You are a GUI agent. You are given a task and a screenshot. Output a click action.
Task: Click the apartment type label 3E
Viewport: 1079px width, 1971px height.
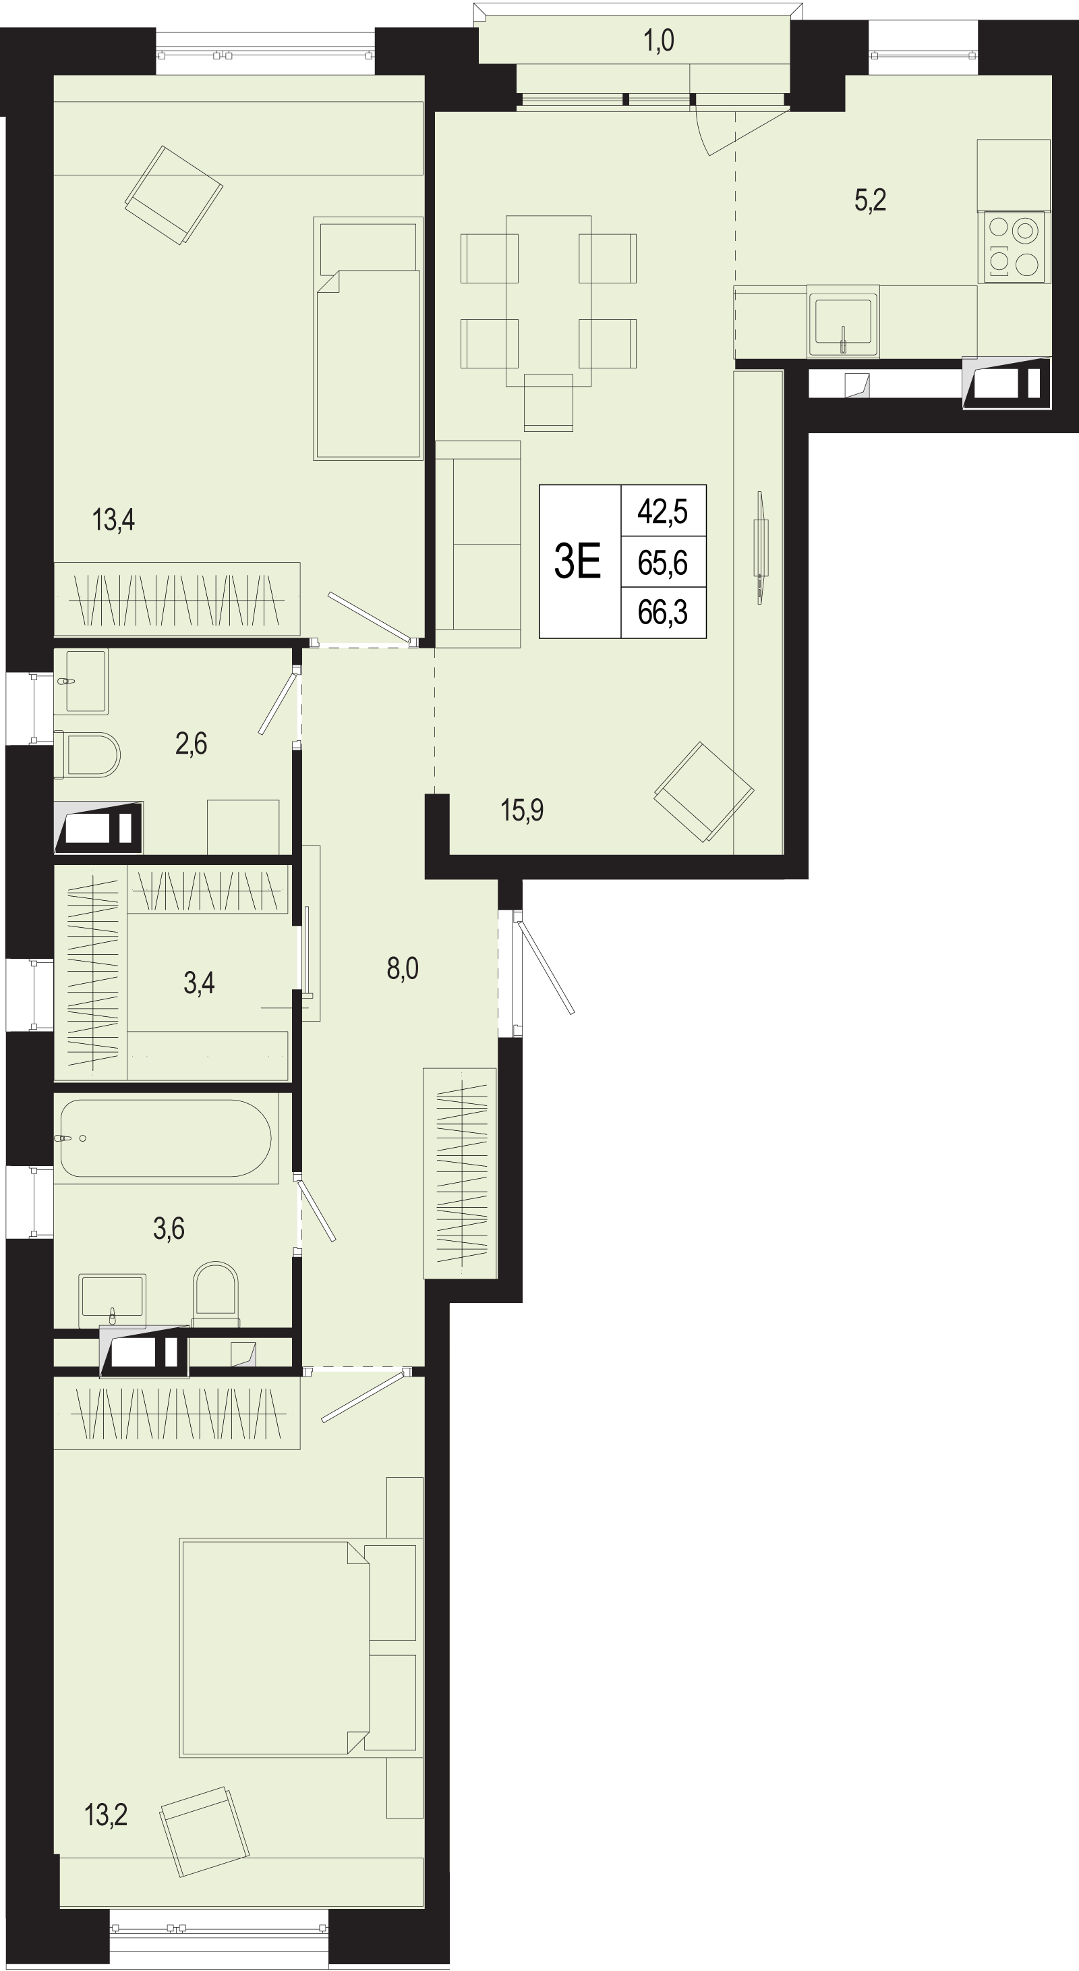[577, 561]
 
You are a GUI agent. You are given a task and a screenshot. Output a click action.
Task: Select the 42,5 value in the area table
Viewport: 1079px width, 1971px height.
[662, 510]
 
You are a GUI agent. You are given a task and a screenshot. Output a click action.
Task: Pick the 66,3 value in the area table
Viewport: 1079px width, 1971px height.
[662, 612]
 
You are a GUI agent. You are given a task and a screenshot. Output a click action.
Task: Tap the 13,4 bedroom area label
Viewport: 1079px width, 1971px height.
[113, 520]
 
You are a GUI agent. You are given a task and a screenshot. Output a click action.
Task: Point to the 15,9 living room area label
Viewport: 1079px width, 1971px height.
[521, 810]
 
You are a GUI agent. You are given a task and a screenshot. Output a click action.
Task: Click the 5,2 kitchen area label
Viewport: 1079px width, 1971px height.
[870, 200]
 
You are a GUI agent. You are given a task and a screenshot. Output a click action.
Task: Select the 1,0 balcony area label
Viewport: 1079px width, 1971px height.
[658, 40]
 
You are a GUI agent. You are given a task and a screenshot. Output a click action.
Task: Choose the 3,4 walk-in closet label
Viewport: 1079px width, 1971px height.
[199, 982]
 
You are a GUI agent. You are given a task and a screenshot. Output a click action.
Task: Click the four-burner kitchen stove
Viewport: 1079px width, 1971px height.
[1014, 247]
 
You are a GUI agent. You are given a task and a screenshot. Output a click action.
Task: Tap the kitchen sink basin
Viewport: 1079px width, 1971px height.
[844, 321]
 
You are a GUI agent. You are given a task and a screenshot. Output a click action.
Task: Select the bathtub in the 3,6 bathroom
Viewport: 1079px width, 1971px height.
[165, 1138]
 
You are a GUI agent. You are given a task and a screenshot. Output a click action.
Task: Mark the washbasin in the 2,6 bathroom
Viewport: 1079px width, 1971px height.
[80, 681]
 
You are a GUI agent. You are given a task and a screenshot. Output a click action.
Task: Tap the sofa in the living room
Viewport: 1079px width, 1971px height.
[478, 544]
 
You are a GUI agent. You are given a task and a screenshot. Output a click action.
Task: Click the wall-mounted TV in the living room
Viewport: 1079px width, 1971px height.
[760, 547]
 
